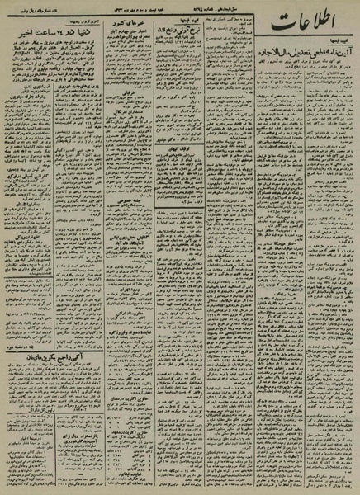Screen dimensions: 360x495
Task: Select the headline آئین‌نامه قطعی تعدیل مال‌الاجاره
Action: pyautogui.click(x=305, y=75)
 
